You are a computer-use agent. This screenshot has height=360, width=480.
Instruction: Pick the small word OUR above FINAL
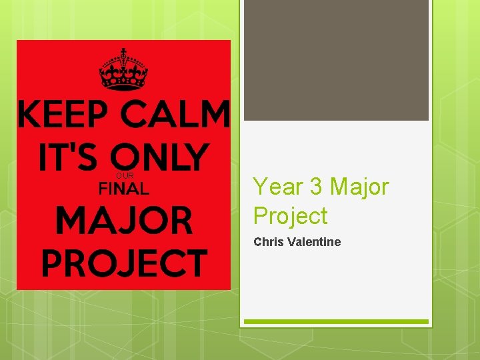pos(125,176)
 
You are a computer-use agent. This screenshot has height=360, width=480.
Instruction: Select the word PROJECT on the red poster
pos(124,263)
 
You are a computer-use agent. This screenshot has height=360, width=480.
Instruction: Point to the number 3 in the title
pos(316,187)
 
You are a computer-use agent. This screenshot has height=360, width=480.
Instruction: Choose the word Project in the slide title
pos(290,216)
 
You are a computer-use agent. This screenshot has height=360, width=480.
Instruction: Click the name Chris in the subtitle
pos(269,241)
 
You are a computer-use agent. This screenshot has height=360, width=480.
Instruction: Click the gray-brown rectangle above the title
pos(336,60)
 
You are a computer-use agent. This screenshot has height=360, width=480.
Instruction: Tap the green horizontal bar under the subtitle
pos(336,322)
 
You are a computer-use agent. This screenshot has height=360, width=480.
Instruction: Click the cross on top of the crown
pos(123,53)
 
